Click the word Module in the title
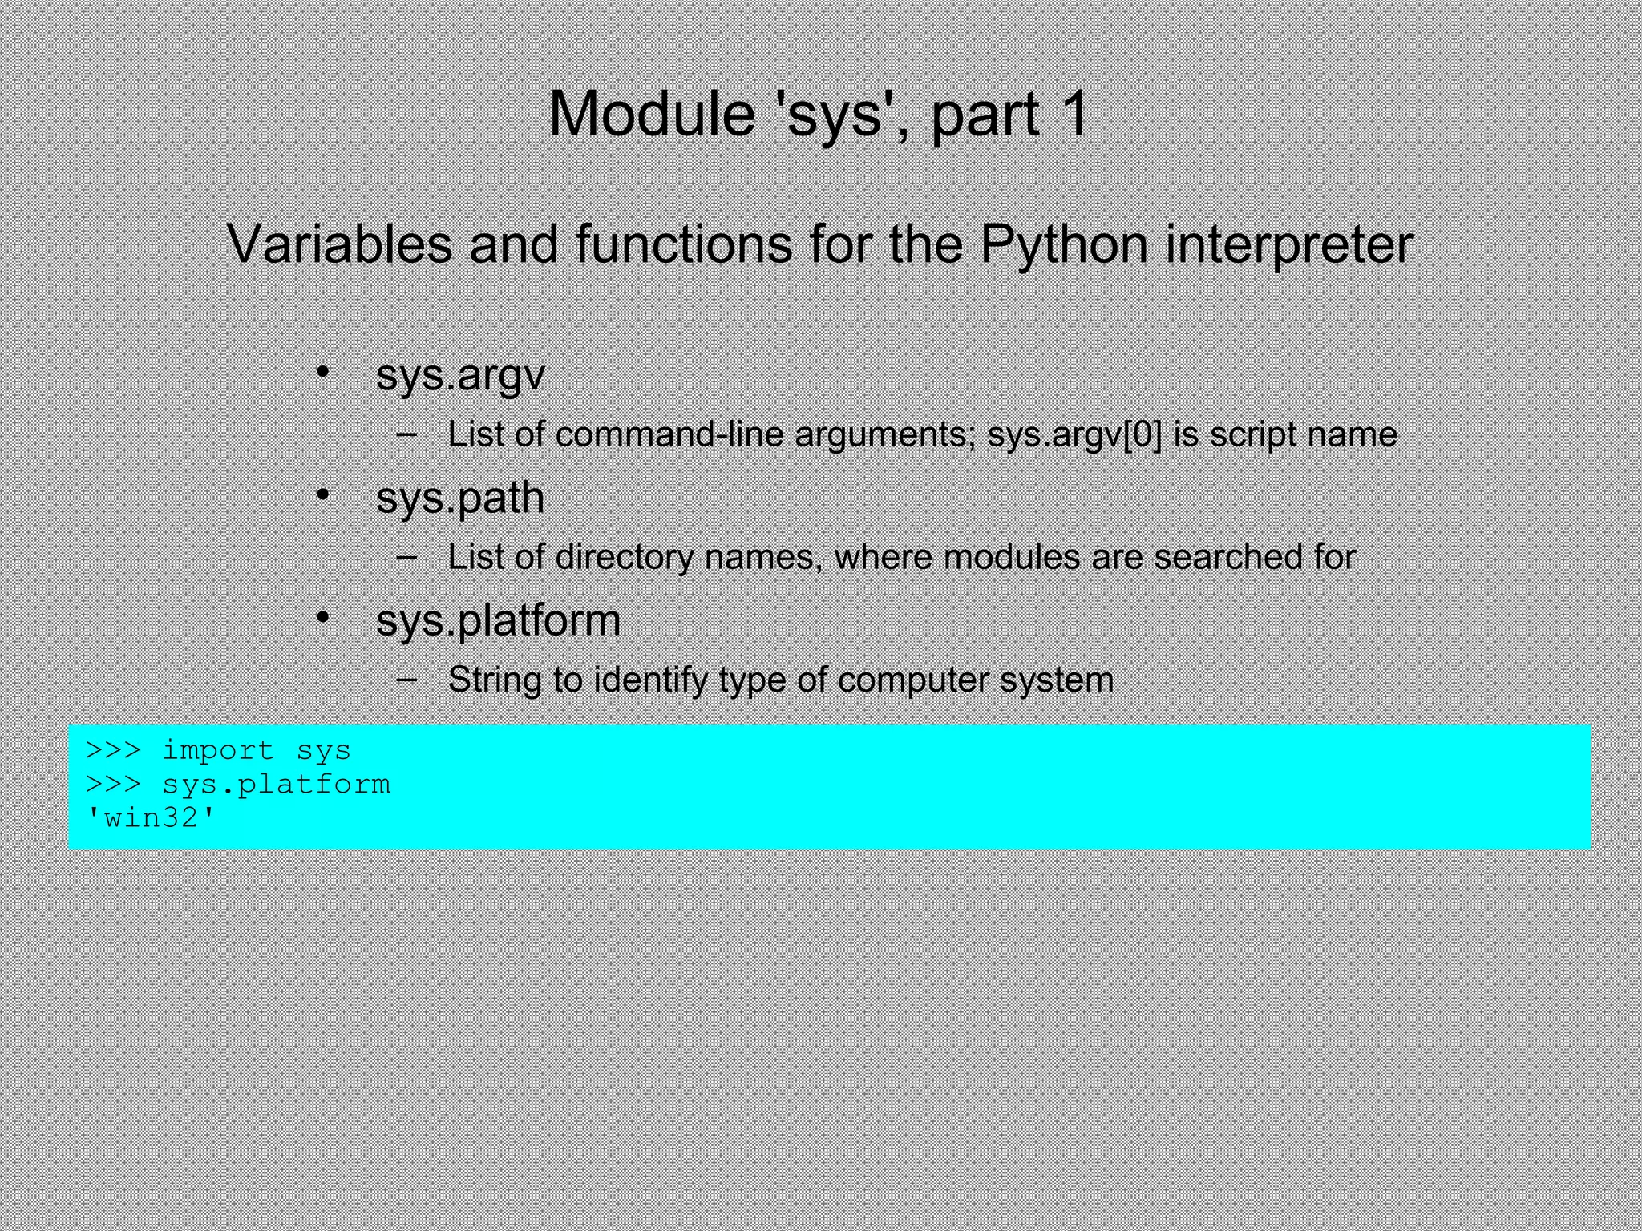click(x=651, y=114)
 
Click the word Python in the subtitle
click(x=1064, y=244)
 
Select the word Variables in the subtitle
click(x=339, y=244)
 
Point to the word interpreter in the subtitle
click(x=1288, y=244)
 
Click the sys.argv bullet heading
click(x=460, y=375)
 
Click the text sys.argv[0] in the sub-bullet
click(x=1074, y=435)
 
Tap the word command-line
click(x=669, y=435)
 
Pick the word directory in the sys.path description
click(x=624, y=558)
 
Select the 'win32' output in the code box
click(x=152, y=818)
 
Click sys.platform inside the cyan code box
click(x=276, y=785)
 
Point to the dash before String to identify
click(x=406, y=678)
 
